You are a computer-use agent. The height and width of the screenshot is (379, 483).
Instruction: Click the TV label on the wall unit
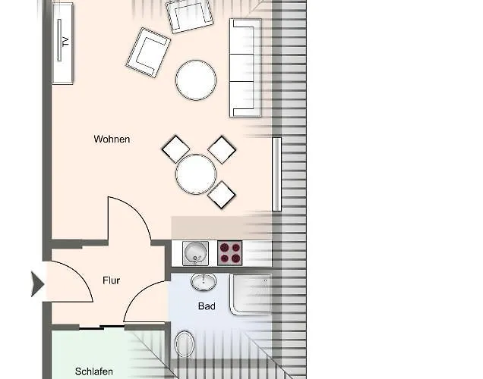coord(65,41)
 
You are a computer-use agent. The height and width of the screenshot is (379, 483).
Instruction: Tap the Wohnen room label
coord(112,139)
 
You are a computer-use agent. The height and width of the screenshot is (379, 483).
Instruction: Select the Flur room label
coord(111,280)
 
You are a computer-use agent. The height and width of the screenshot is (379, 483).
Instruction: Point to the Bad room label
coord(207,306)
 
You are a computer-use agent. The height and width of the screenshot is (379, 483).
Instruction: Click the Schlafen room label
coord(94,371)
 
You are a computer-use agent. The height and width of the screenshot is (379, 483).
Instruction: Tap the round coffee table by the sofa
coord(196,80)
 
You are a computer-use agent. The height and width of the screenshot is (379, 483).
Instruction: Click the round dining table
coord(196,174)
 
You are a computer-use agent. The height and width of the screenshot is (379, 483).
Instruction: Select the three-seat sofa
coord(245,68)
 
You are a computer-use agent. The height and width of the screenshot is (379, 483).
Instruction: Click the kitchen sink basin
coord(195,253)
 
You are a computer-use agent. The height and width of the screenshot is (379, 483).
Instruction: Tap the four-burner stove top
coord(230,253)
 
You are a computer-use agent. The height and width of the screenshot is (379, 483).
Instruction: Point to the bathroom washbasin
coord(204,282)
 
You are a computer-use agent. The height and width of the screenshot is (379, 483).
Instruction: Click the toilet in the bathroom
coord(185,344)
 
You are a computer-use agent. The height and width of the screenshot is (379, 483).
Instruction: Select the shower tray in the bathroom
coord(251,294)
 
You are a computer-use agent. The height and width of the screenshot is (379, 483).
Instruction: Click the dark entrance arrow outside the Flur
coord(37,284)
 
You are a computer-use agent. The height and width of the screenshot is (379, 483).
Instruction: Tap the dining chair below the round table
coord(222,195)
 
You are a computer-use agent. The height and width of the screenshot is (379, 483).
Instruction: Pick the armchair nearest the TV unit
coord(148,52)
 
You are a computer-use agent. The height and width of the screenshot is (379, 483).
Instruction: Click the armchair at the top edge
coord(189,15)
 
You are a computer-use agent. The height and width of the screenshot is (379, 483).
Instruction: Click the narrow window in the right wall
coord(276,174)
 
